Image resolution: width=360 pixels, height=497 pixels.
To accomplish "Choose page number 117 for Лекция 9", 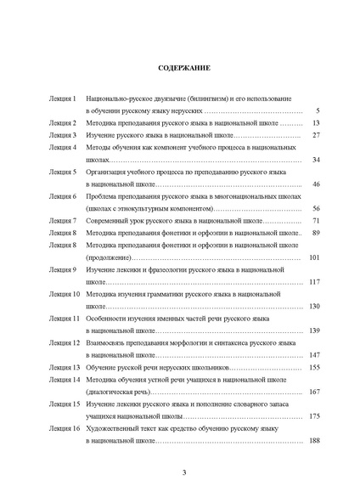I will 312,282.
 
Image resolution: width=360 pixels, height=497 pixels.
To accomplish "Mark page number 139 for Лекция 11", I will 312,330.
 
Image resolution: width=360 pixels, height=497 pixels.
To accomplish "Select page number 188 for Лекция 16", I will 312,442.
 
